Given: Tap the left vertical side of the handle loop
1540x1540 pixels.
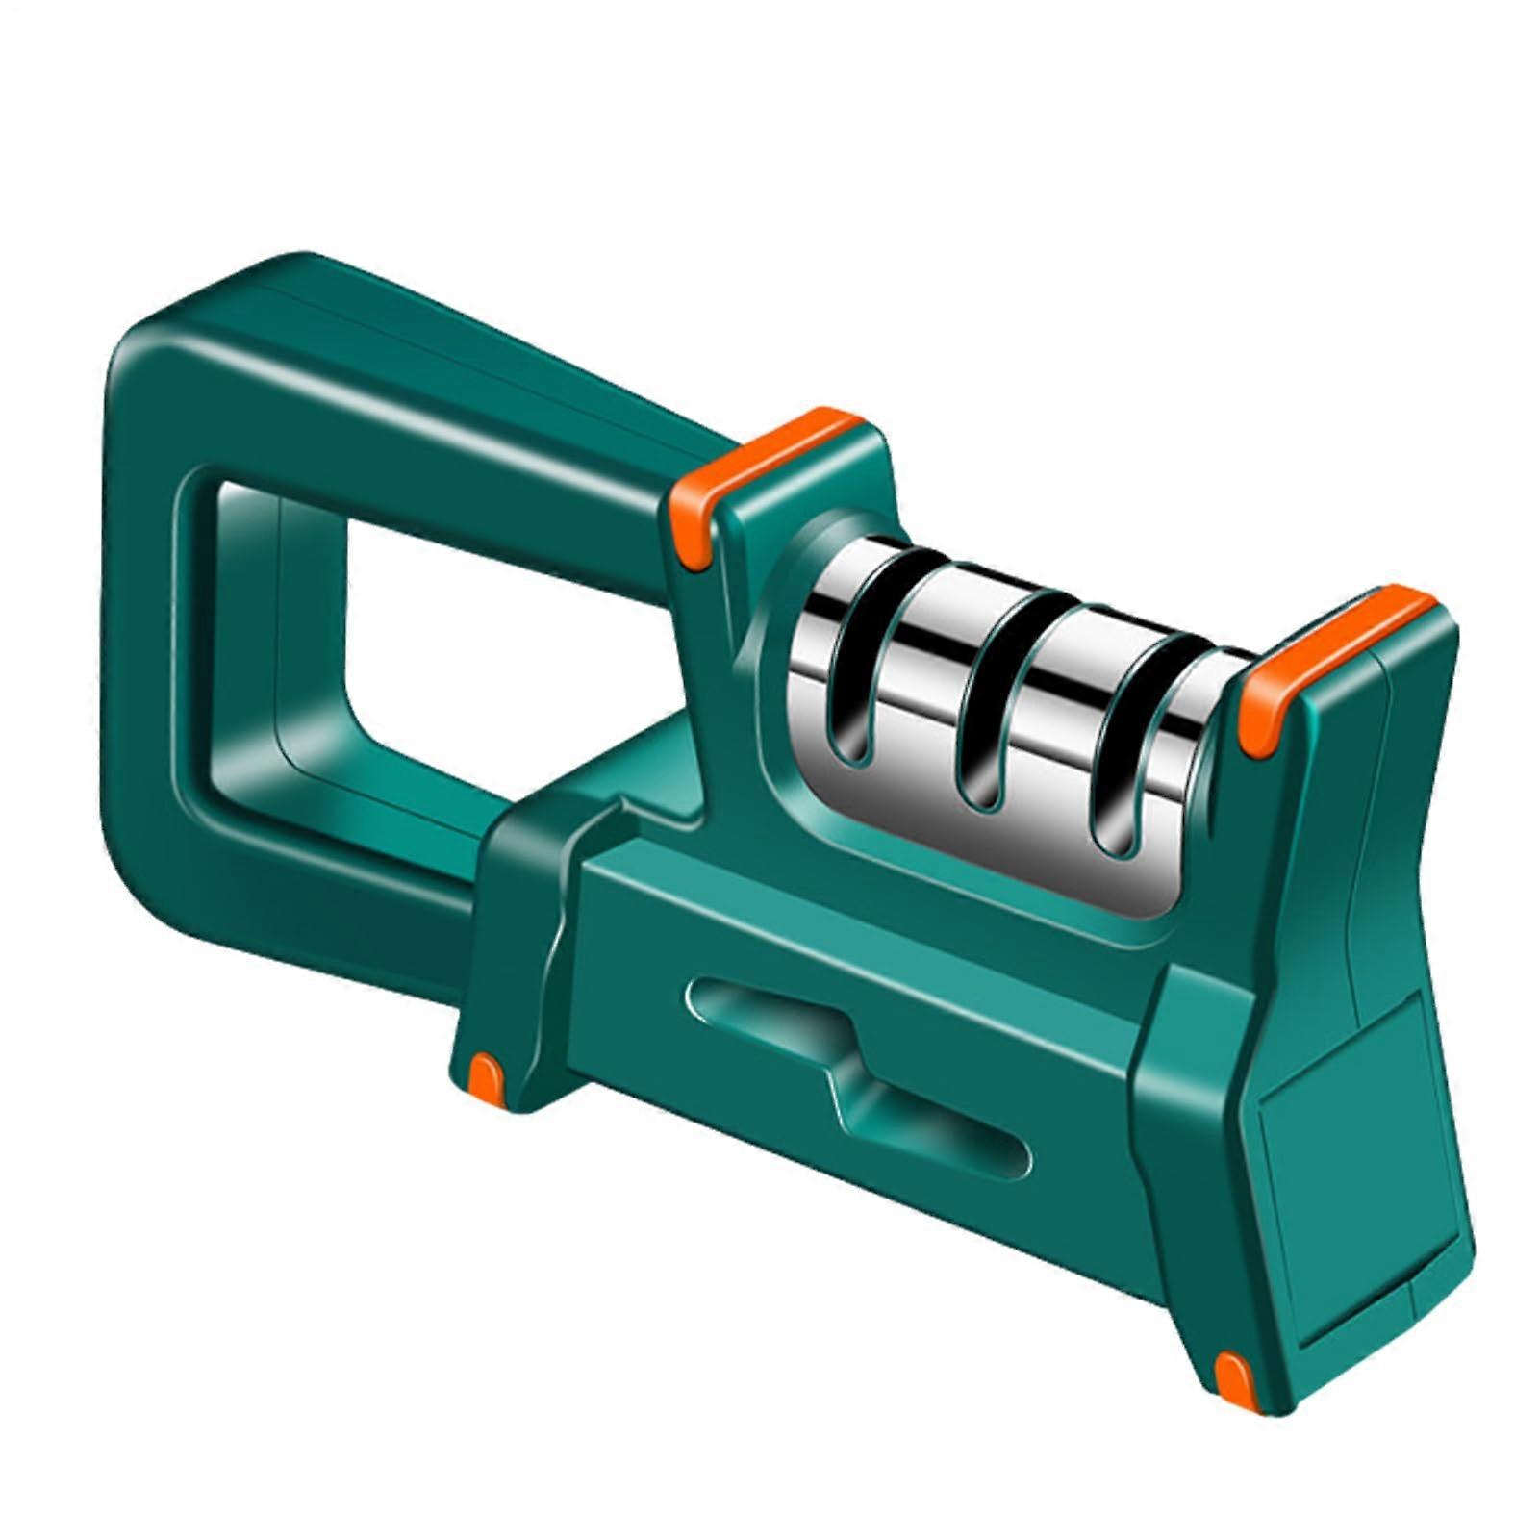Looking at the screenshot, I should [x=144, y=616].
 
